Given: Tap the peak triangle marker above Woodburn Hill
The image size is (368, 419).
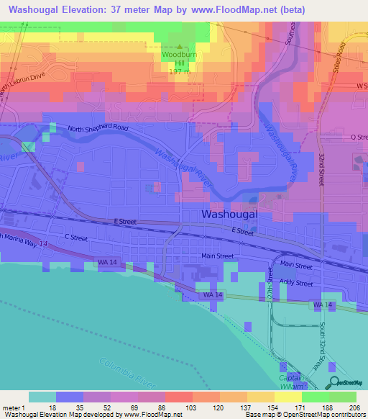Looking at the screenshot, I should (x=180, y=47).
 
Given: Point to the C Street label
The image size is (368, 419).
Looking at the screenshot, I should (x=75, y=237).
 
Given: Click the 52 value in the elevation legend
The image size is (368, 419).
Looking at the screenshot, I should (x=96, y=407).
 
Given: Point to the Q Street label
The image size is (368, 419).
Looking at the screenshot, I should (x=358, y=136).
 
